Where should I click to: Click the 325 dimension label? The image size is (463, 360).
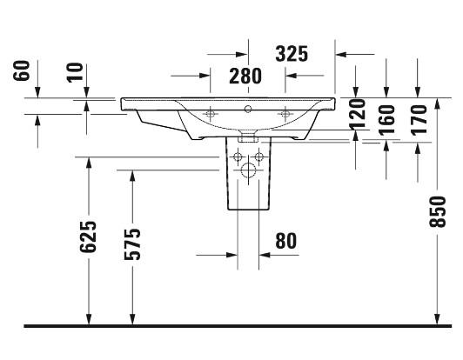pos(292,54)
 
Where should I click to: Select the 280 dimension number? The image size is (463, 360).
pos(245,77)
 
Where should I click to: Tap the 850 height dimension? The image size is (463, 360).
pos(437,212)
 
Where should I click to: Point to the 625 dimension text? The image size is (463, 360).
pos(88,237)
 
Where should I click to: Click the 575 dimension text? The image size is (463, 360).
pos(132,244)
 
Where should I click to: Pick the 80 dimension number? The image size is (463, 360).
pos(285,241)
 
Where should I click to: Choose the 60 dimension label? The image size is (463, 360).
pos(22,70)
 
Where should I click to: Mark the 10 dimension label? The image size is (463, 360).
pos(75,72)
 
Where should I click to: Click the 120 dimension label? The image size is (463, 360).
pos(358,115)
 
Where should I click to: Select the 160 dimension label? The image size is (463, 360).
pos(386,120)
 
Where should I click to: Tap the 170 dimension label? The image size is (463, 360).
pos(419,120)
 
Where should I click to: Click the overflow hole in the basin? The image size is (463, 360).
pos(248,110)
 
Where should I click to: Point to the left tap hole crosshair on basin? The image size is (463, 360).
pos(211,114)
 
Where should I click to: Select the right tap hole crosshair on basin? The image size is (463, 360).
pos(285,114)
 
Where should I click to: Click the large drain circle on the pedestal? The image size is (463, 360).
pos(248,170)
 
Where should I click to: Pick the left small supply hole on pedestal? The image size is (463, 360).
pos(238,157)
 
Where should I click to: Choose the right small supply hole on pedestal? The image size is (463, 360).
pos(259,157)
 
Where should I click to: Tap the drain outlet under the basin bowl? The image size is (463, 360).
pos(248,137)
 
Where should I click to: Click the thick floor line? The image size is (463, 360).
pos(238,326)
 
